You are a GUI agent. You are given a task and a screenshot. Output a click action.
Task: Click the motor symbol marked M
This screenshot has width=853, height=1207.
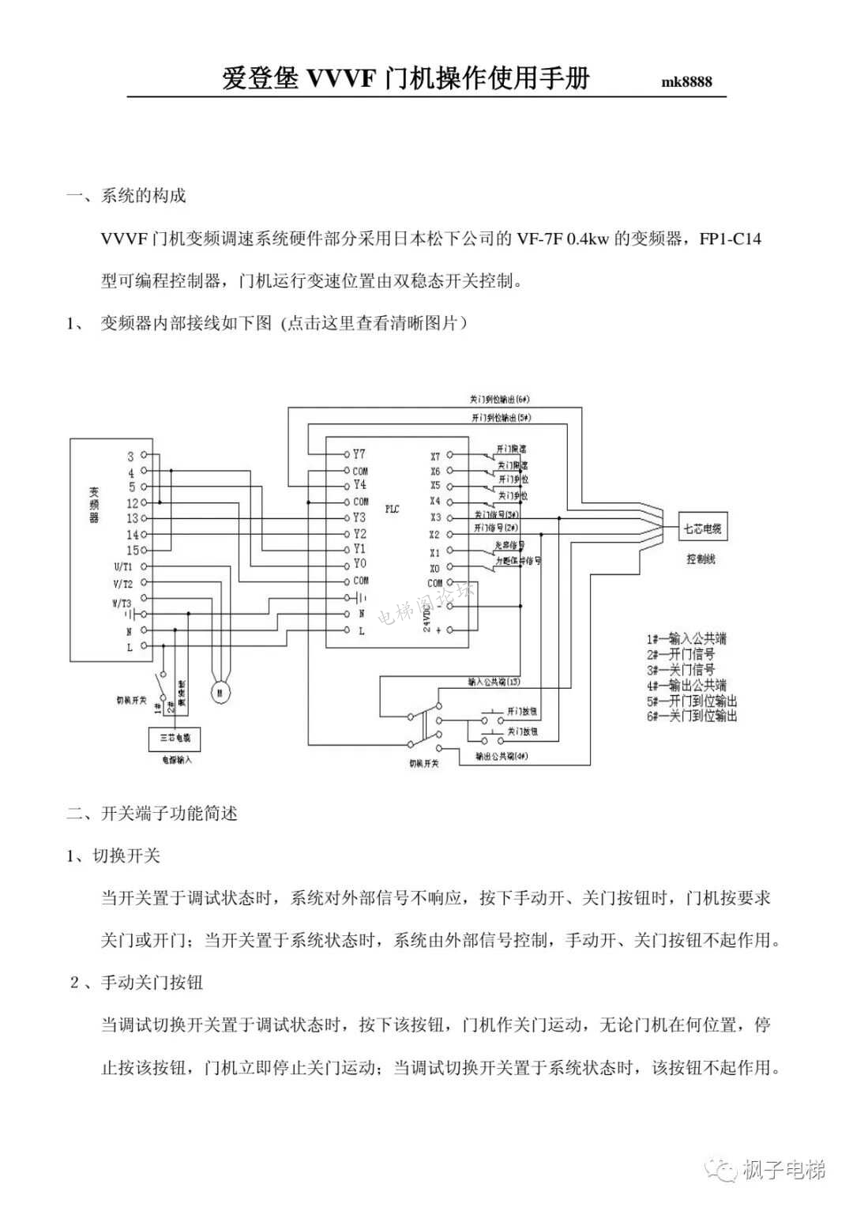click(x=220, y=693)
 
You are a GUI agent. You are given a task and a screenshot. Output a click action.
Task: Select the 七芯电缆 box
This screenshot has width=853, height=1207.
click(x=703, y=528)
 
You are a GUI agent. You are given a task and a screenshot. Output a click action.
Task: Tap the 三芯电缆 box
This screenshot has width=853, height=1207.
click(x=175, y=738)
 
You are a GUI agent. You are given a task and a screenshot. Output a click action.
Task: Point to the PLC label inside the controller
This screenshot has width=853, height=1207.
click(x=392, y=509)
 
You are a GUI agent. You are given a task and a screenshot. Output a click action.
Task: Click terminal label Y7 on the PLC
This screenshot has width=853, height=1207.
click(x=359, y=454)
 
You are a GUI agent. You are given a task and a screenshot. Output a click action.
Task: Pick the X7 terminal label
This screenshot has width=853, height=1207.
click(x=435, y=457)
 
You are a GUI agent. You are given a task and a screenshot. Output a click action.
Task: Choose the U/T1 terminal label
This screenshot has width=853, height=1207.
click(x=123, y=566)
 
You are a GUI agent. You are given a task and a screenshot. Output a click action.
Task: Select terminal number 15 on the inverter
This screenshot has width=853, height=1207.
click(x=132, y=550)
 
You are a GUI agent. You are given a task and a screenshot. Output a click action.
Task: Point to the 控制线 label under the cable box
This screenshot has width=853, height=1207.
click(x=701, y=559)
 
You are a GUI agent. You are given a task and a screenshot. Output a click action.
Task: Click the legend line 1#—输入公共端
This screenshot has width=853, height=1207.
click(x=686, y=638)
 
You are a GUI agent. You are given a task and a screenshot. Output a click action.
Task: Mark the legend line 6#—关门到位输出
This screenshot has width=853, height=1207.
click(x=692, y=716)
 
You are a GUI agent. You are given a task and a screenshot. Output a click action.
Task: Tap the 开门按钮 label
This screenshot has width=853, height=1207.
click(x=522, y=712)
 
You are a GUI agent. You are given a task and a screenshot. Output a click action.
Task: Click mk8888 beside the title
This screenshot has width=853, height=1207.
click(x=686, y=82)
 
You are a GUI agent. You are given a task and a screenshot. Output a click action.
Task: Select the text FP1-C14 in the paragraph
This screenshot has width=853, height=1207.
click(x=731, y=239)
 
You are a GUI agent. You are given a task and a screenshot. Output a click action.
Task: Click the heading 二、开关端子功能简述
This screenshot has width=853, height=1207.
click(x=152, y=813)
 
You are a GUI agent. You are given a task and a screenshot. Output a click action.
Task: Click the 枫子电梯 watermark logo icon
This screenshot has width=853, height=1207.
click(x=720, y=1170)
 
